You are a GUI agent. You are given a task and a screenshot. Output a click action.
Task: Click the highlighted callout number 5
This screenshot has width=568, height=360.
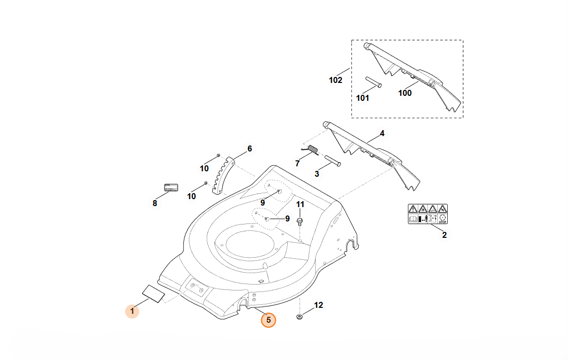[268, 320]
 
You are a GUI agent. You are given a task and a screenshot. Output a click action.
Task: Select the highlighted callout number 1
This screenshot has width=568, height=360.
[132, 311]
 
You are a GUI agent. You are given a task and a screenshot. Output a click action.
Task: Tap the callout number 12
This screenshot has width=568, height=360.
[319, 305]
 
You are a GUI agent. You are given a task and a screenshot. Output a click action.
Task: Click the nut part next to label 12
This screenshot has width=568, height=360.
[300, 317]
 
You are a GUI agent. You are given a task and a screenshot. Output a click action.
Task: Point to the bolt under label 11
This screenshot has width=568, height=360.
[300, 220]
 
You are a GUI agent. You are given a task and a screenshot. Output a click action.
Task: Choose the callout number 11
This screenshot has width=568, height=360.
[300, 205]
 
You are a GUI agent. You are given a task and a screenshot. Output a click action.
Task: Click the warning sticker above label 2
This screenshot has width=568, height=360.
[427, 214]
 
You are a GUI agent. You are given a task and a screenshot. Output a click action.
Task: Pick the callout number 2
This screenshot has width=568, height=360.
[444, 235]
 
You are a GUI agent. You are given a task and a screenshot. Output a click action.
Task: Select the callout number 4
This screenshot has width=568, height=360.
[382, 133]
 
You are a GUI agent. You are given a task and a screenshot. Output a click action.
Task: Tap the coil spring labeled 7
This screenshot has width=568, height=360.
[312, 149]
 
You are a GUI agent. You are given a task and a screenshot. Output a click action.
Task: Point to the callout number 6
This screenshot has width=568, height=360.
[249, 148]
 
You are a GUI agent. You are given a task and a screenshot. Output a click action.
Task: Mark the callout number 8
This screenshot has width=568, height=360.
[155, 203]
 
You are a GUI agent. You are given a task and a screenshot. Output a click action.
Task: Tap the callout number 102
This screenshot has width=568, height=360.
[335, 80]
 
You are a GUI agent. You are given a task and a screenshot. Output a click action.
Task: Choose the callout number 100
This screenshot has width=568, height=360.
[405, 93]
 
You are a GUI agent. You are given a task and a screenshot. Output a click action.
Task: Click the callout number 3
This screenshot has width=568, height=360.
[317, 174]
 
